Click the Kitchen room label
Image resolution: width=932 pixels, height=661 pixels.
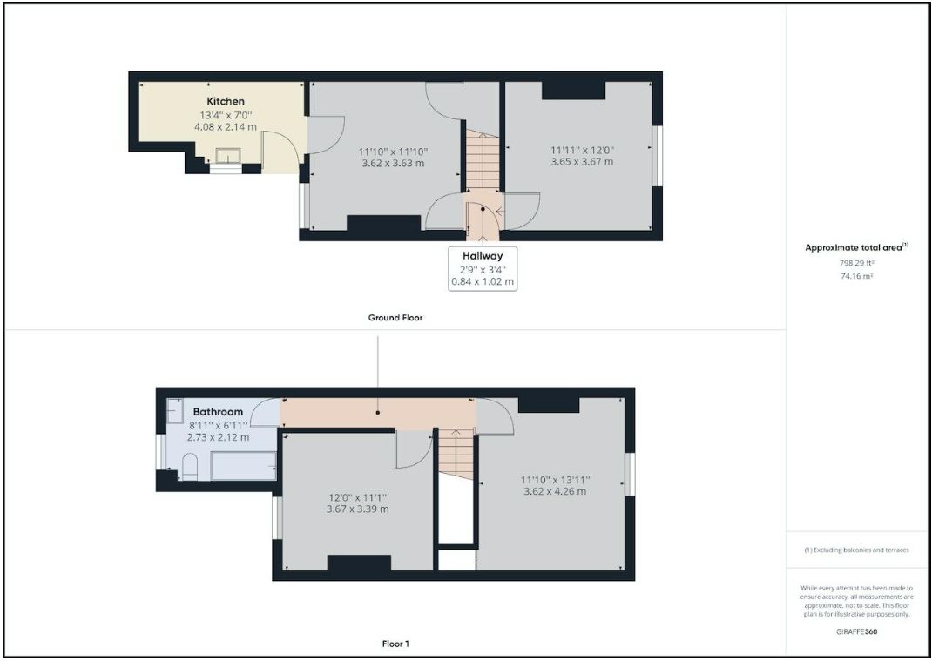click(x=226, y=101)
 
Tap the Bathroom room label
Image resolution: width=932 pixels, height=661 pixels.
click(x=218, y=411)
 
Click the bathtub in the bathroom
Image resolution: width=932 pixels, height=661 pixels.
click(x=243, y=465)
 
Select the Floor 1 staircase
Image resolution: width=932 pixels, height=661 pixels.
click(x=455, y=452)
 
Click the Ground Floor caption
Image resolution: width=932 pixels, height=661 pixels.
click(x=395, y=318)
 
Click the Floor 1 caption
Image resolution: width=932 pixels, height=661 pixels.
click(x=395, y=644)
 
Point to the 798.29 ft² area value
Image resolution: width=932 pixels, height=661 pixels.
click(x=855, y=262)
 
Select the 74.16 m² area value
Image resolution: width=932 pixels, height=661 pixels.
click(x=855, y=275)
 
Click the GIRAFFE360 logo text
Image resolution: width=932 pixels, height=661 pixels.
click(x=855, y=631)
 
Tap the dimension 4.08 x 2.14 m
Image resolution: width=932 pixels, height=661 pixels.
click(x=226, y=126)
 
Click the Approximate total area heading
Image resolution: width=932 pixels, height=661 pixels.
click(x=855, y=247)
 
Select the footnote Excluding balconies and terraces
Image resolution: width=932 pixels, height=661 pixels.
click(x=855, y=550)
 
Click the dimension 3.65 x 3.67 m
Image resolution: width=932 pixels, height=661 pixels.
click(x=582, y=161)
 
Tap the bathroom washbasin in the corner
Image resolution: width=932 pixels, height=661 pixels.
click(x=172, y=417)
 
